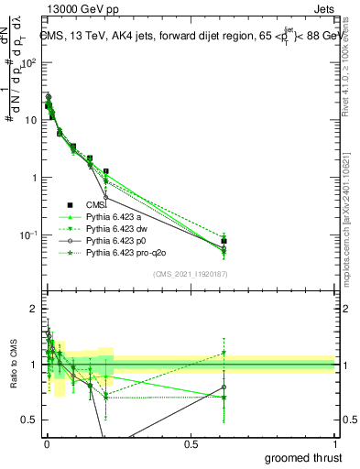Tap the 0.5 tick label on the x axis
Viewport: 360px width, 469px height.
[191, 444]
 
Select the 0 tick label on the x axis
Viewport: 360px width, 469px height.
[46, 444]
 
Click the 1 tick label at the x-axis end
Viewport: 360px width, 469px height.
[334, 444]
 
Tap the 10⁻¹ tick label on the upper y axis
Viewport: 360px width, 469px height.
[27, 235]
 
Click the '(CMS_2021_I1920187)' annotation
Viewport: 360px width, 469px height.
[190, 274]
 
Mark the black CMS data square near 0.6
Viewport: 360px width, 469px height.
[224, 241]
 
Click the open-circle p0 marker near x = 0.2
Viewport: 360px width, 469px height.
[106, 197]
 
